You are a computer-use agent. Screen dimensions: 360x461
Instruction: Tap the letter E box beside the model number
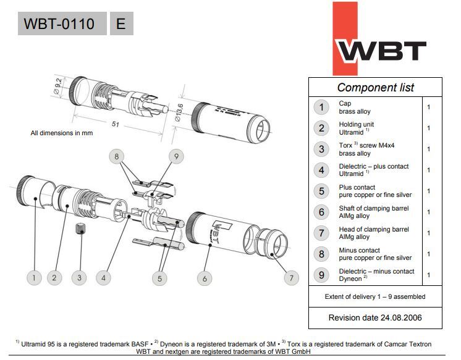click(121, 23)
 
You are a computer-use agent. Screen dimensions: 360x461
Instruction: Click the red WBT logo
click(380, 40)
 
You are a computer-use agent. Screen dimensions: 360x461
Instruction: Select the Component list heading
click(375, 87)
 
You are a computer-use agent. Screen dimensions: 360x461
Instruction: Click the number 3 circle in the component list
click(321, 149)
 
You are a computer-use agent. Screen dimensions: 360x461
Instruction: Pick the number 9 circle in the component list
click(321, 275)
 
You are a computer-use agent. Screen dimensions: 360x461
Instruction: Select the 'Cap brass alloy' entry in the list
click(355, 107)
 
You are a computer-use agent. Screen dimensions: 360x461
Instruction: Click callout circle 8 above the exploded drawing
click(117, 157)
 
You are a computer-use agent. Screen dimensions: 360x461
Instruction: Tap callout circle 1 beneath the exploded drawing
click(33, 278)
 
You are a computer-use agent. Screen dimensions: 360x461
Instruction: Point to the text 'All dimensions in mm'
click(62, 133)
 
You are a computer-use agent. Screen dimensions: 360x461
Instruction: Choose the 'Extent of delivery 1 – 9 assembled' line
click(375, 296)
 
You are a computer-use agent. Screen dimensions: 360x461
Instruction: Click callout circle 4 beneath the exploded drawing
click(104, 278)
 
